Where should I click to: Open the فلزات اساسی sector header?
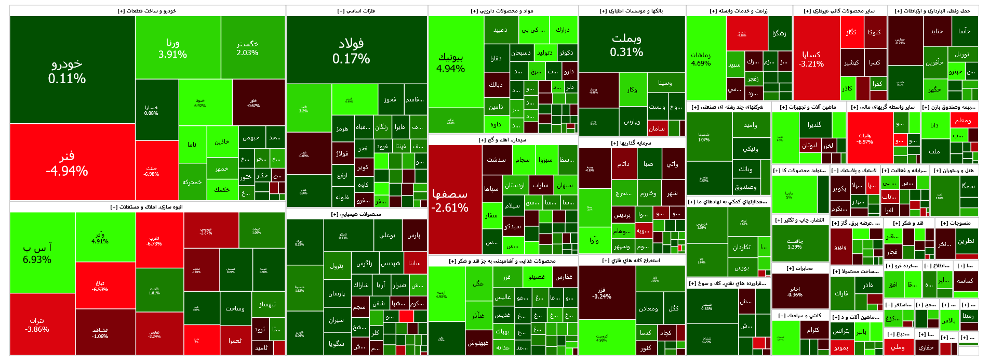[356, 11]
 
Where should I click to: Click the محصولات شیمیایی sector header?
[356, 214]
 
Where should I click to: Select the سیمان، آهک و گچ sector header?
[502, 140]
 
